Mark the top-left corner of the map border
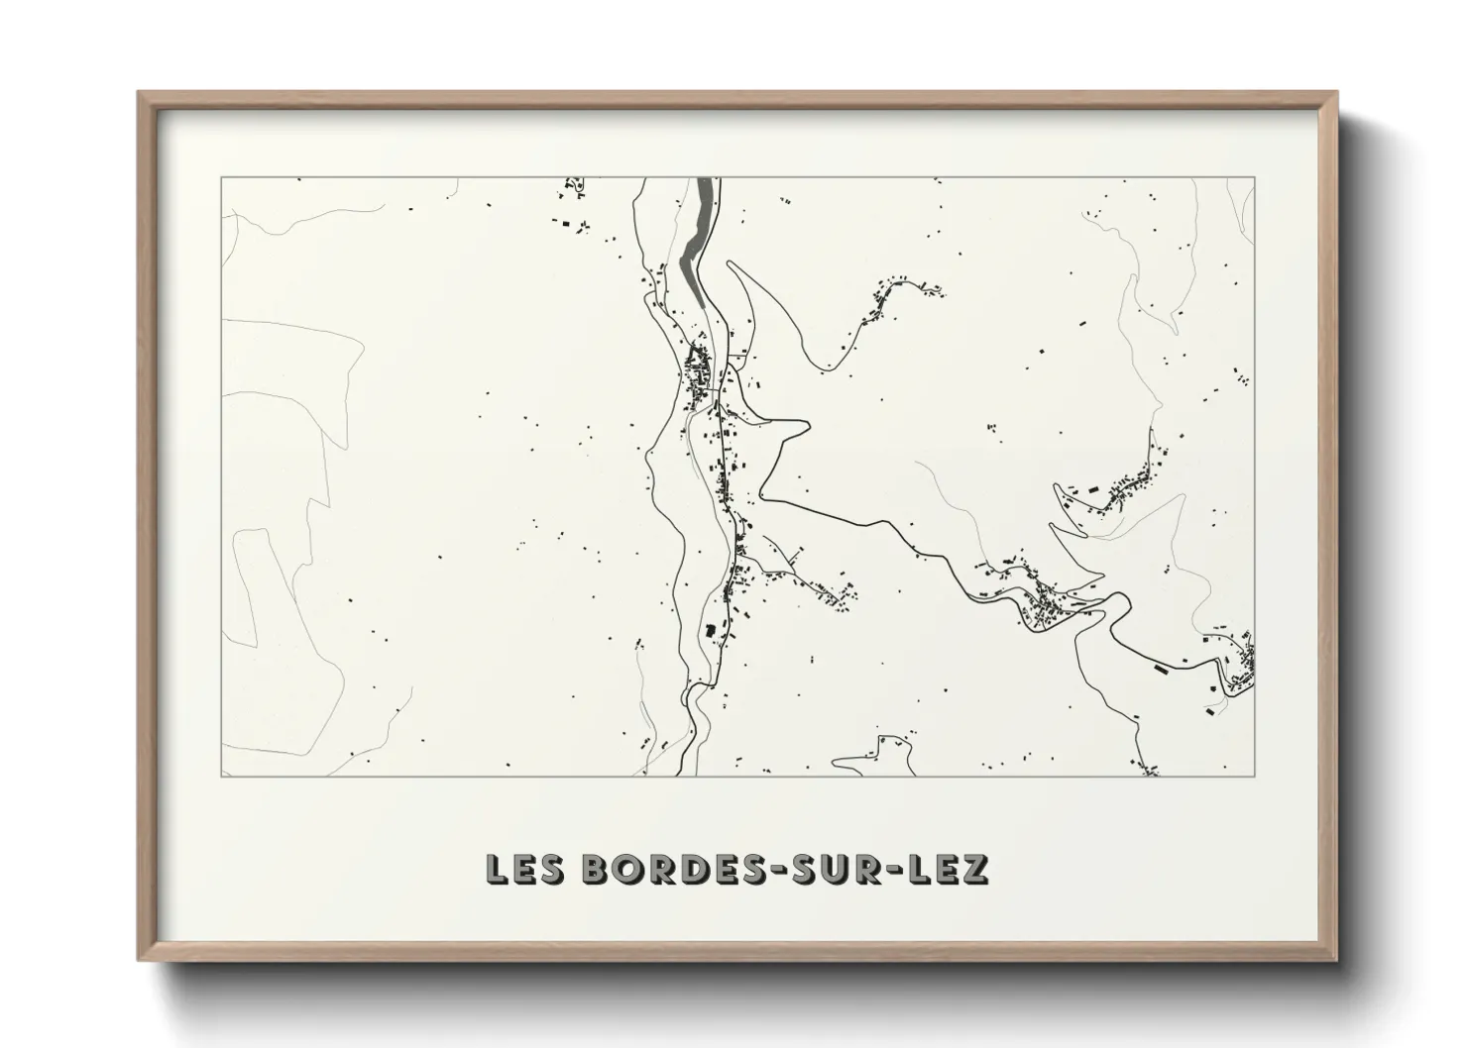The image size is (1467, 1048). click(x=221, y=178)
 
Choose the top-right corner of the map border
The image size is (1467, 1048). click(x=1255, y=178)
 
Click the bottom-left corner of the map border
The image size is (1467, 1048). click(x=221, y=777)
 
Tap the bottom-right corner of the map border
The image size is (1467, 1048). click(x=1255, y=777)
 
